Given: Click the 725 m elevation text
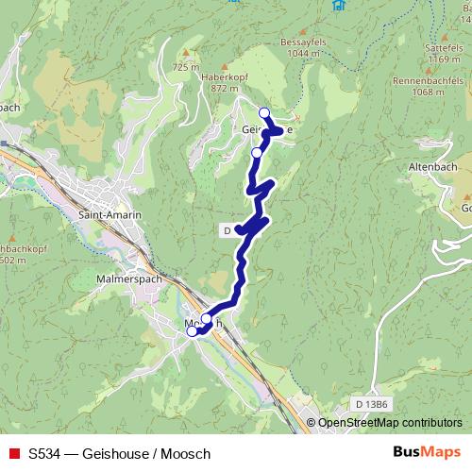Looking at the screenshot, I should [x=186, y=67].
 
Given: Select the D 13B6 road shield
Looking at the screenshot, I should [x=373, y=404].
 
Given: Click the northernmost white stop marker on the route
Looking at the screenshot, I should [x=264, y=114].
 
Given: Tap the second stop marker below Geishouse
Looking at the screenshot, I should [x=257, y=151].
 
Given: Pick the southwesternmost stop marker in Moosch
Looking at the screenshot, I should [x=193, y=331].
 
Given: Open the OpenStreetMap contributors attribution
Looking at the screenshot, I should [x=390, y=424].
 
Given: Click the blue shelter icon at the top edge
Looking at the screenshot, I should [x=337, y=5].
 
